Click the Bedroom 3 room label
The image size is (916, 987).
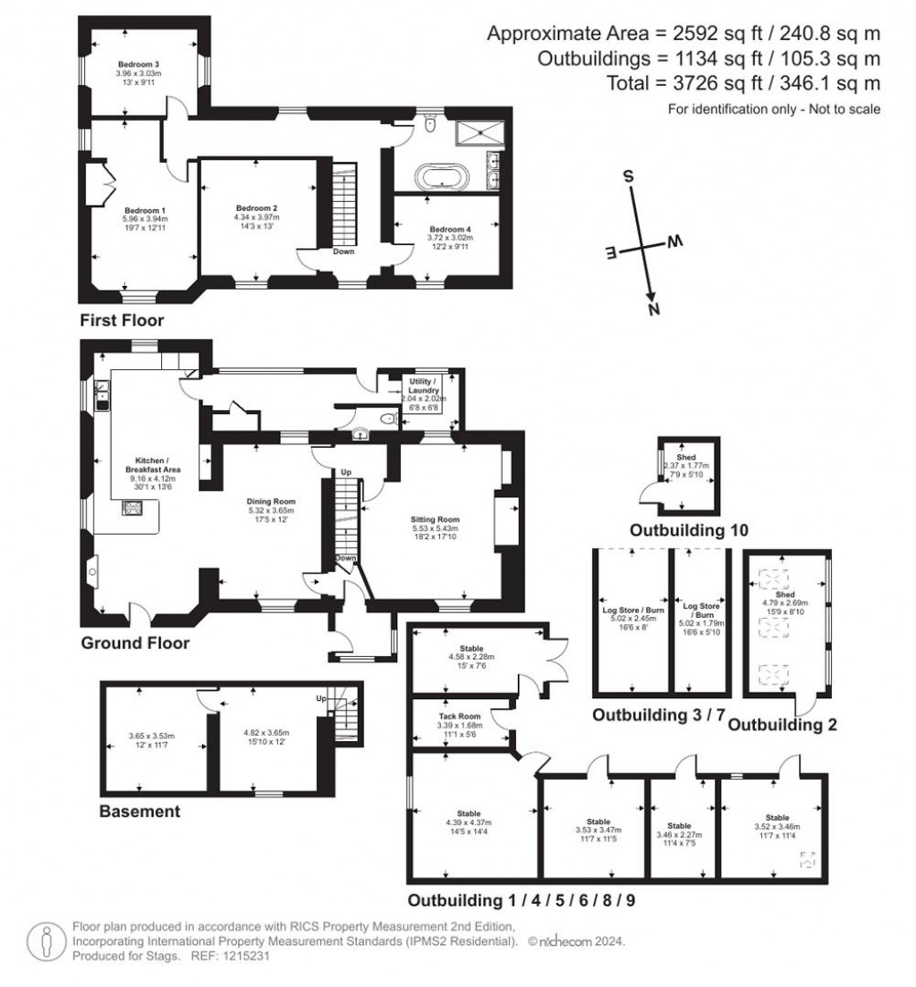coord(139,64)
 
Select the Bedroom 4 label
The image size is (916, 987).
coord(451,228)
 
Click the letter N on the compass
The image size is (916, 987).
coord(654,309)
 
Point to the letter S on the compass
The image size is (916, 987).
coord(629,176)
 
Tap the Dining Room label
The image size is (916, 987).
coord(271,502)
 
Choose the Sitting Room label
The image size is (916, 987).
coord(435,519)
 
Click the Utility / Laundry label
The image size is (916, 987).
coord(420,385)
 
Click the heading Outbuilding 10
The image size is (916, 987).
coord(689,530)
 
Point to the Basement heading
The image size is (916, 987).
coord(140,812)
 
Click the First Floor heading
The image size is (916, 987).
coord(121,319)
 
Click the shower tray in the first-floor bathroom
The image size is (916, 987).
coord(480,134)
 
